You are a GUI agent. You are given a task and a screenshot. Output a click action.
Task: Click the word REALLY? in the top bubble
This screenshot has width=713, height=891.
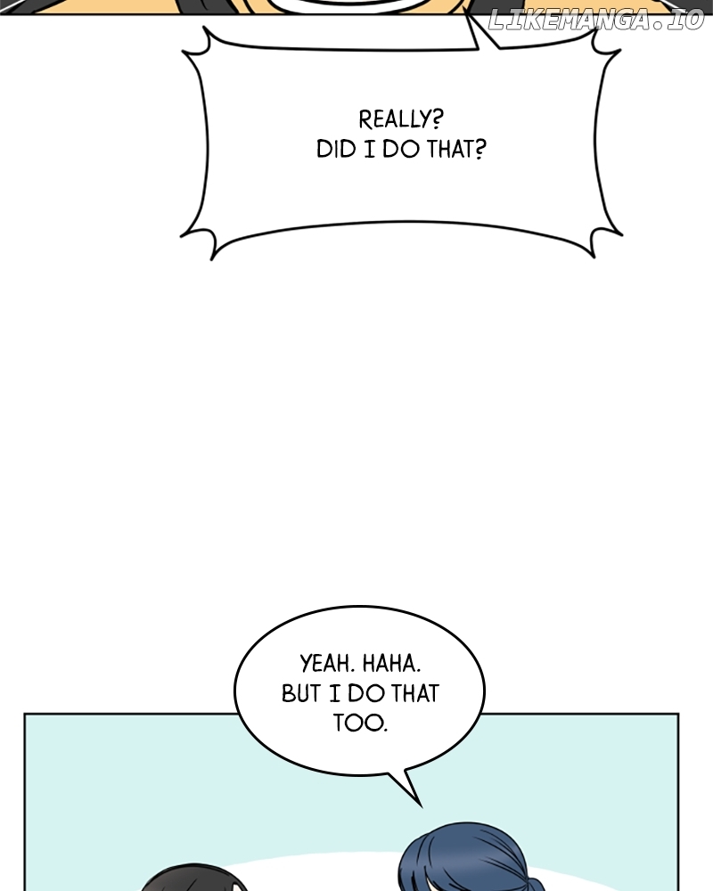401,119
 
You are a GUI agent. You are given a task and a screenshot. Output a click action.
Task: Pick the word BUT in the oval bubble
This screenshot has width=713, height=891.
301,693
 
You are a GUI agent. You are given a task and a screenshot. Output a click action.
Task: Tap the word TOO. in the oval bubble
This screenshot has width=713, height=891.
360,723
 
